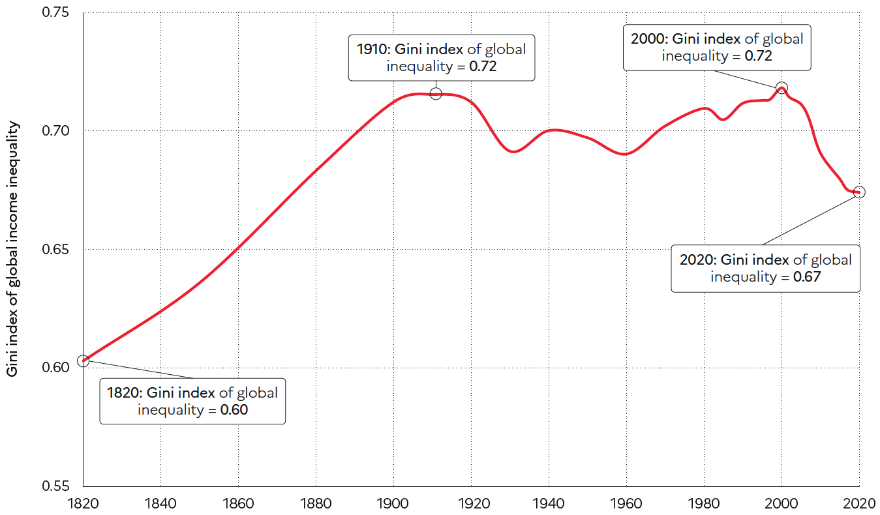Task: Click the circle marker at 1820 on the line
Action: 83,360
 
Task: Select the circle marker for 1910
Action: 436,94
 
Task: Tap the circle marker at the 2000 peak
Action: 781,88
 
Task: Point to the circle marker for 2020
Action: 859,192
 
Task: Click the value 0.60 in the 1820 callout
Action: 234,410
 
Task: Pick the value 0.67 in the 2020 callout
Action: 806,276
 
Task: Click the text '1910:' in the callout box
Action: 372,49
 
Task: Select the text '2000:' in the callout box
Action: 649,38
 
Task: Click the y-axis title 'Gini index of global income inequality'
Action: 12,249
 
